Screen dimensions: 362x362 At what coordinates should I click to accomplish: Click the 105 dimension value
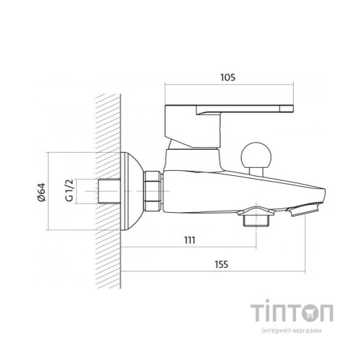click(x=227, y=77)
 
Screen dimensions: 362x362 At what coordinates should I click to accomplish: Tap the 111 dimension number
click(x=190, y=240)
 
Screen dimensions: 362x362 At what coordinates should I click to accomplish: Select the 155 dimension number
click(x=222, y=264)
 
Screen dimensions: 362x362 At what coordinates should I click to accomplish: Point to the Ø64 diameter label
click(x=41, y=193)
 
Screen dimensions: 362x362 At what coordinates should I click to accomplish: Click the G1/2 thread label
click(x=69, y=190)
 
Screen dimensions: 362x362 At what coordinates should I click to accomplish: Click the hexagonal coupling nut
click(x=153, y=191)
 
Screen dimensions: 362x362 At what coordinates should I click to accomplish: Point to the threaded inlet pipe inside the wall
click(x=109, y=191)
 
